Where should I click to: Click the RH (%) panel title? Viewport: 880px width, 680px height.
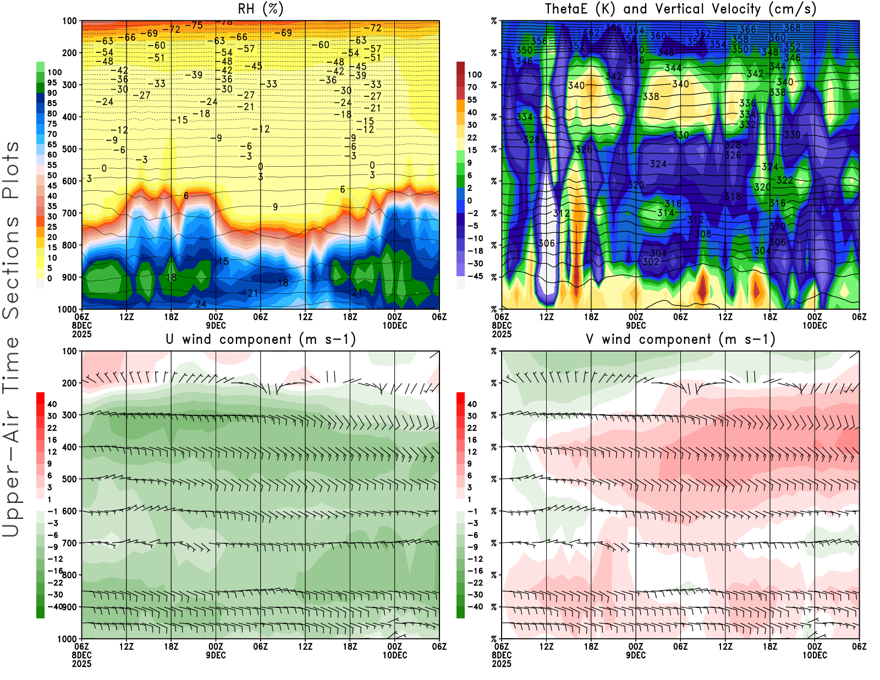pyautogui.click(x=260, y=9)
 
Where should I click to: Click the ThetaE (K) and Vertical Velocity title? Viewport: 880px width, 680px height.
pyautogui.click(x=680, y=9)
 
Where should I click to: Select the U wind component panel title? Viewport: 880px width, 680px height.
pyautogui.click(x=260, y=339)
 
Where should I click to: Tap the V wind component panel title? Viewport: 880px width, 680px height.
pyautogui.click(x=680, y=339)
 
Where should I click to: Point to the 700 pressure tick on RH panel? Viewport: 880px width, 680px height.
pyautogui.click(x=69, y=213)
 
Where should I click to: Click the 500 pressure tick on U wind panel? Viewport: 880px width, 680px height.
pyautogui.click(x=69, y=479)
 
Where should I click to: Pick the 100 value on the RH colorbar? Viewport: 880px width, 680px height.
pyautogui.click(x=54, y=72)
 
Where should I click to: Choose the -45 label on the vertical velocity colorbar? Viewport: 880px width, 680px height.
pyautogui.click(x=475, y=276)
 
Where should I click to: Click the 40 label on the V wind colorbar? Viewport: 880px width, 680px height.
pyautogui.click(x=472, y=404)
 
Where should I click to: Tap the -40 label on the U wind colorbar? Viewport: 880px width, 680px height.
pyautogui.click(x=54, y=606)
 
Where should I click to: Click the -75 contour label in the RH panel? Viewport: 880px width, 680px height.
pyautogui.click(x=194, y=25)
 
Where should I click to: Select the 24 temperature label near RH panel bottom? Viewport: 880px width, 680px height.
pyautogui.click(x=201, y=304)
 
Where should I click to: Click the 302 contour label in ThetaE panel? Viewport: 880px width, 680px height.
pyautogui.click(x=651, y=261)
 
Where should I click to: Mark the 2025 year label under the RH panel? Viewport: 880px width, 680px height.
pyautogui.click(x=81, y=334)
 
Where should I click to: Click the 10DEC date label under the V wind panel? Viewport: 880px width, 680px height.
pyautogui.click(x=815, y=655)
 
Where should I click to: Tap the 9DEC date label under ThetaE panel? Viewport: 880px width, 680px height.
pyautogui.click(x=636, y=325)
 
